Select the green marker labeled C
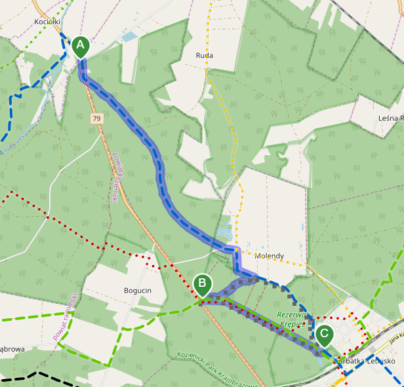tap(324, 335)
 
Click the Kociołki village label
tap(47, 22)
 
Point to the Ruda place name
tap(205, 56)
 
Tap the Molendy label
tap(269, 256)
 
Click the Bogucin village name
tap(137, 289)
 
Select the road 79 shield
tap(97, 119)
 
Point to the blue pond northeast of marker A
tap(129, 37)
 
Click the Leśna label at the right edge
tap(391, 118)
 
